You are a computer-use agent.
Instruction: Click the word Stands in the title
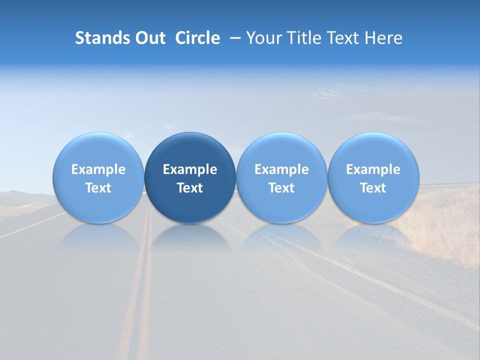(x=102, y=38)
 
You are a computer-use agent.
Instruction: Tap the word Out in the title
(x=150, y=38)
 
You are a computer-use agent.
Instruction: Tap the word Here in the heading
(x=383, y=38)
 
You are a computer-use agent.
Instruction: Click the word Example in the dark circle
(x=190, y=169)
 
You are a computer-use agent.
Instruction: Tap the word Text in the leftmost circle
(x=98, y=188)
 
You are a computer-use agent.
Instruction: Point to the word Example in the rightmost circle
(x=373, y=169)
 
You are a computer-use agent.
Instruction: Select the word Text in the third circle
(x=281, y=188)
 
